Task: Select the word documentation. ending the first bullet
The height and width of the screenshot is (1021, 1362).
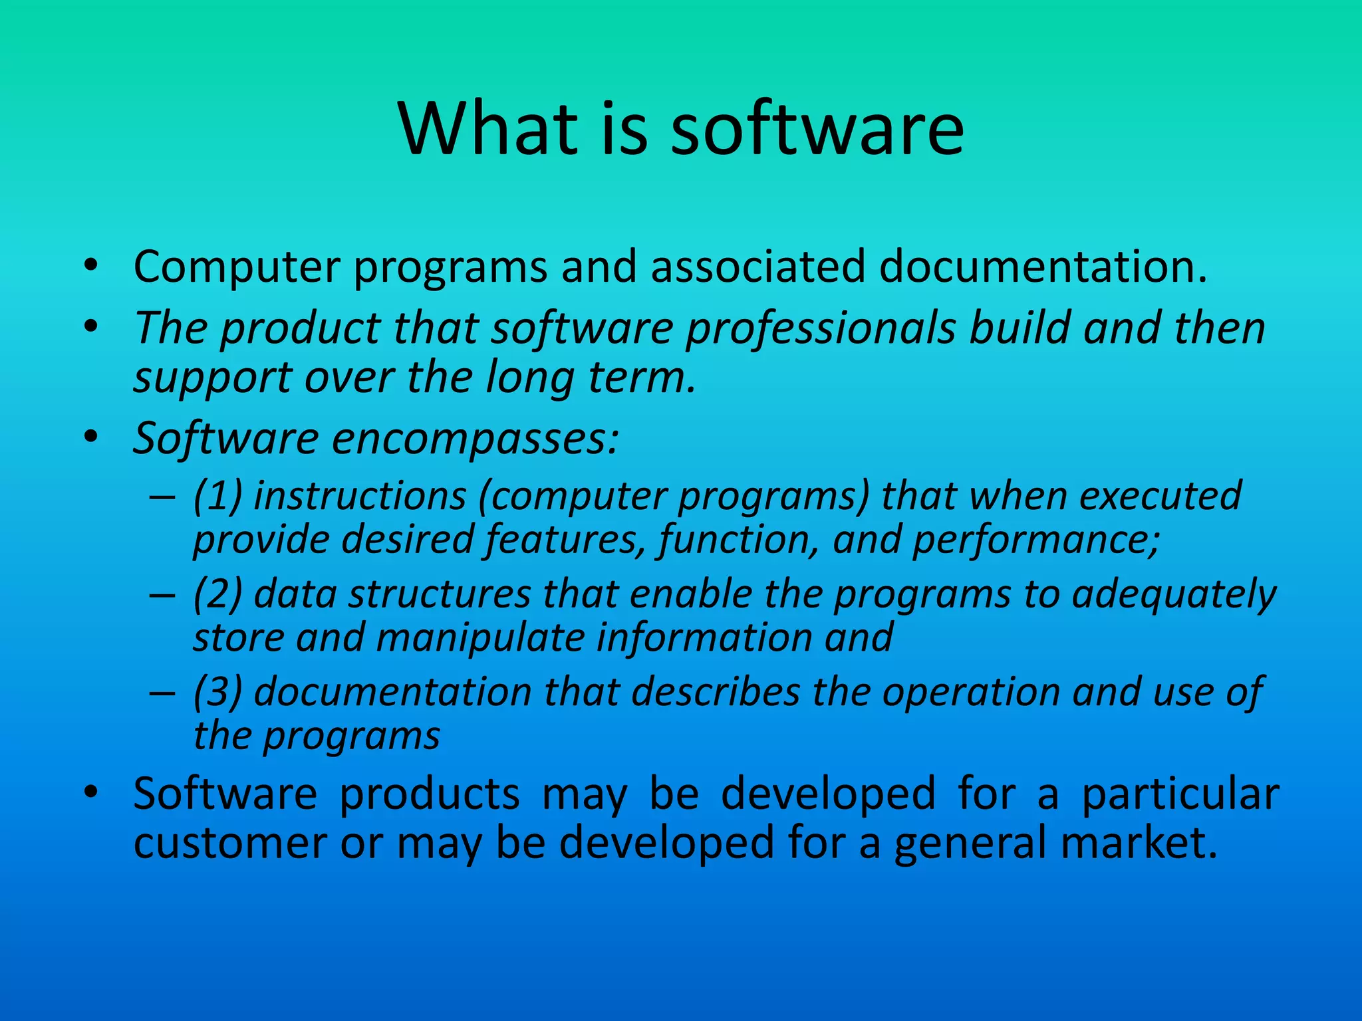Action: (1042, 267)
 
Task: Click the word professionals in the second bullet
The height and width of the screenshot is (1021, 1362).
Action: (821, 329)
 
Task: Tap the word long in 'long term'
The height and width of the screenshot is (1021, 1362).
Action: (529, 378)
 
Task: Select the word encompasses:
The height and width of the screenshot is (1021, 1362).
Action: (476, 439)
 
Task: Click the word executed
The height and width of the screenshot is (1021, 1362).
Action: (1160, 496)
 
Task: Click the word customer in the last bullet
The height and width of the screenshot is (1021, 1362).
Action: (229, 842)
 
